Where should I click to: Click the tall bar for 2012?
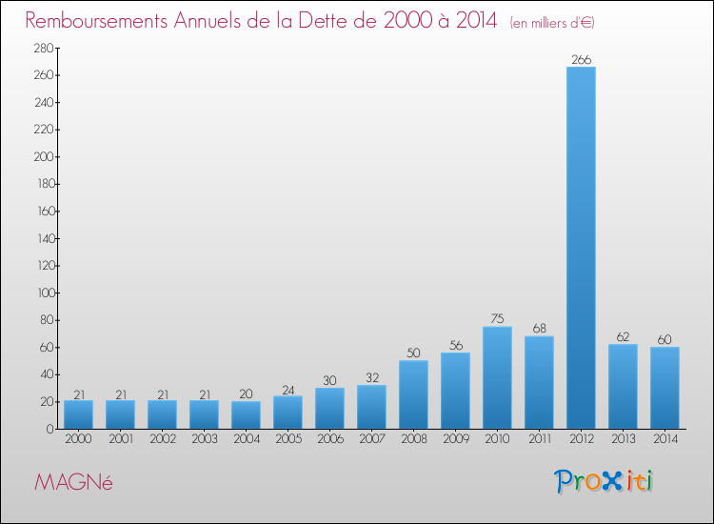click(581, 248)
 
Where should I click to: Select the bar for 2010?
click(497, 377)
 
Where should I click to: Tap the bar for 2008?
click(413, 394)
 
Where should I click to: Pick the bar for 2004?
click(246, 414)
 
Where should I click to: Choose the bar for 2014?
click(664, 388)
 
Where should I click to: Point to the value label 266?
click(581, 60)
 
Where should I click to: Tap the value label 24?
click(288, 390)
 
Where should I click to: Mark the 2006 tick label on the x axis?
click(329, 440)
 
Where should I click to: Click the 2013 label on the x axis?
click(623, 440)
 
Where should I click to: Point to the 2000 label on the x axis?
click(78, 440)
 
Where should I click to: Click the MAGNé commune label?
click(73, 483)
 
